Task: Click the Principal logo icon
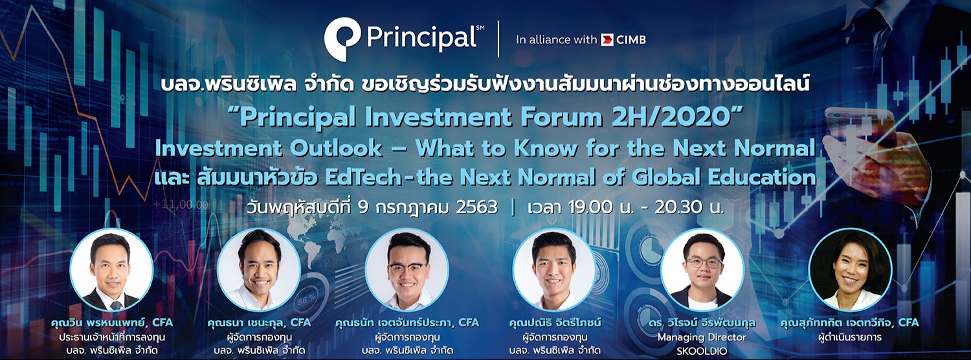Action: (342, 39)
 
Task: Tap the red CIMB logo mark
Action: (607, 40)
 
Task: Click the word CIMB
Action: (631, 40)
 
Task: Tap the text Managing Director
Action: (702, 337)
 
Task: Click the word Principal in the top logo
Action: (421, 39)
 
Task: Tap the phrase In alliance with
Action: (556, 40)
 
